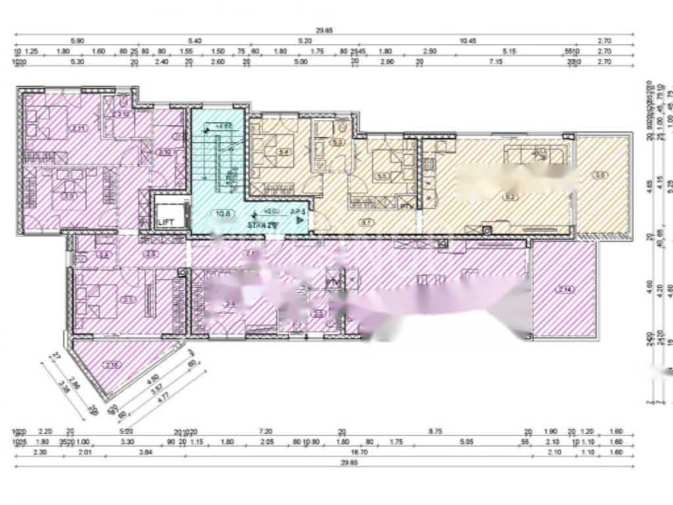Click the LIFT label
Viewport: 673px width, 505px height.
(166, 222)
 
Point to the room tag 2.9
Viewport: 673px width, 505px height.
(68, 195)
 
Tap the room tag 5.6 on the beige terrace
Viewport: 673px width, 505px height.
(599, 175)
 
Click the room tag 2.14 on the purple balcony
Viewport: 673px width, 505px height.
(564, 289)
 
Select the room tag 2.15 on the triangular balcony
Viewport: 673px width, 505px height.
(112, 365)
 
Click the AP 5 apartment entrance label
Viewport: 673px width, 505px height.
(298, 211)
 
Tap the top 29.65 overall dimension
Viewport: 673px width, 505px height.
(325, 30)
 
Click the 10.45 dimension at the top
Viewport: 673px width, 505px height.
(467, 41)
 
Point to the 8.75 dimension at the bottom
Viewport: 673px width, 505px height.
(435, 431)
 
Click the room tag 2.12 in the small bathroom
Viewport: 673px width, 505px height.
(164, 153)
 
